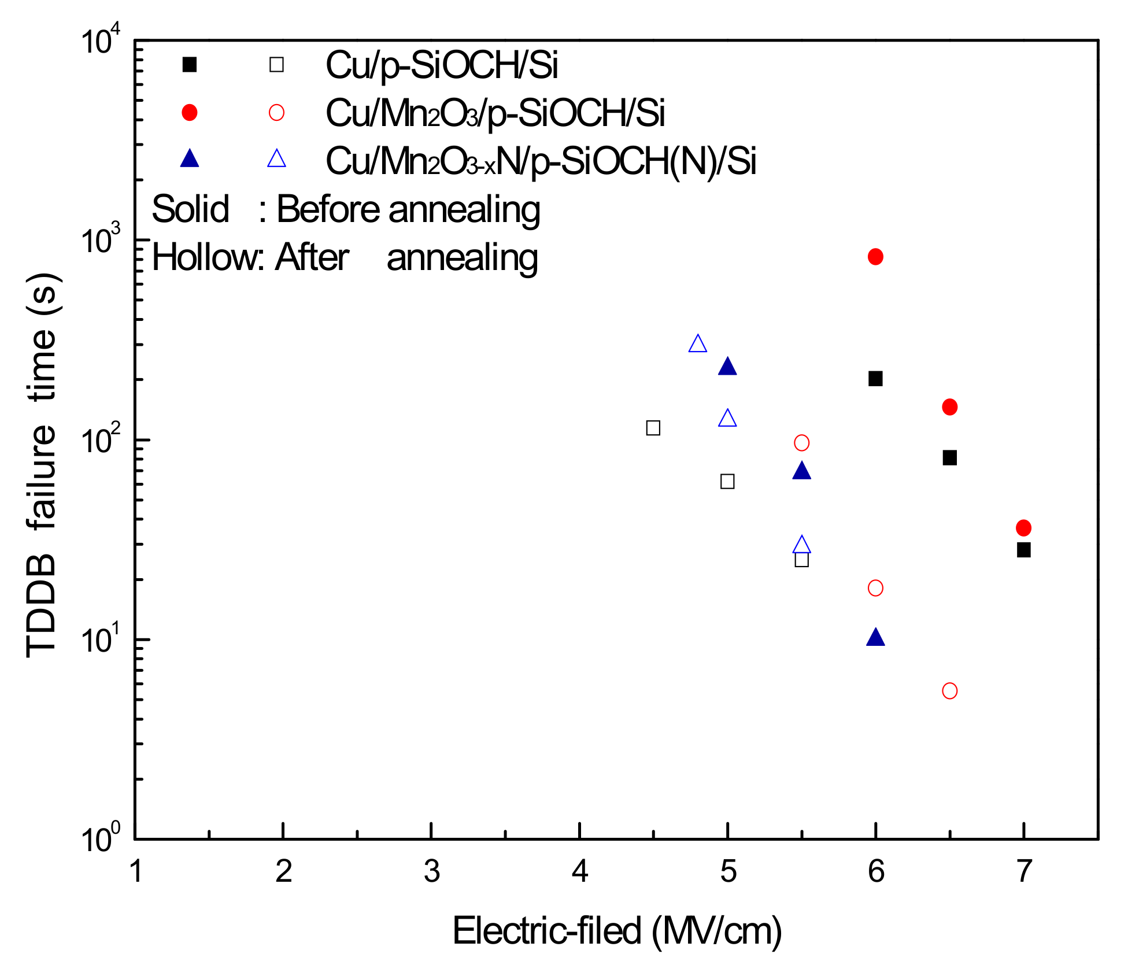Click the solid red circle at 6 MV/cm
[875, 257]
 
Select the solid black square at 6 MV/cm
[875, 379]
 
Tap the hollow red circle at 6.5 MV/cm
[949, 691]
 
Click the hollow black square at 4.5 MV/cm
[653, 428]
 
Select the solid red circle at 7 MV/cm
[1023, 528]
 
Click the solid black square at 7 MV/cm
[1023, 550]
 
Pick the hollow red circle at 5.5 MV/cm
[801, 443]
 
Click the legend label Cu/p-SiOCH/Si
[442, 65]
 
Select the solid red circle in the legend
[190, 112]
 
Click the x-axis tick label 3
[431, 871]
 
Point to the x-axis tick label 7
[1023, 871]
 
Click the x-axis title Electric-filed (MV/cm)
[616, 931]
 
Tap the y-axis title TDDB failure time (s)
[42, 465]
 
